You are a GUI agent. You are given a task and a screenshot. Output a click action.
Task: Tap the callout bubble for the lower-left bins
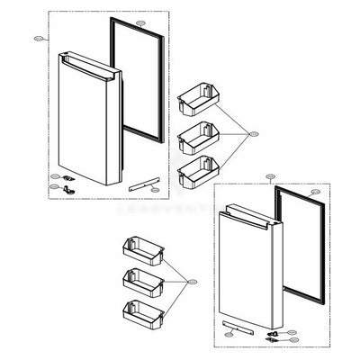pyautogui.click(x=189, y=282)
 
